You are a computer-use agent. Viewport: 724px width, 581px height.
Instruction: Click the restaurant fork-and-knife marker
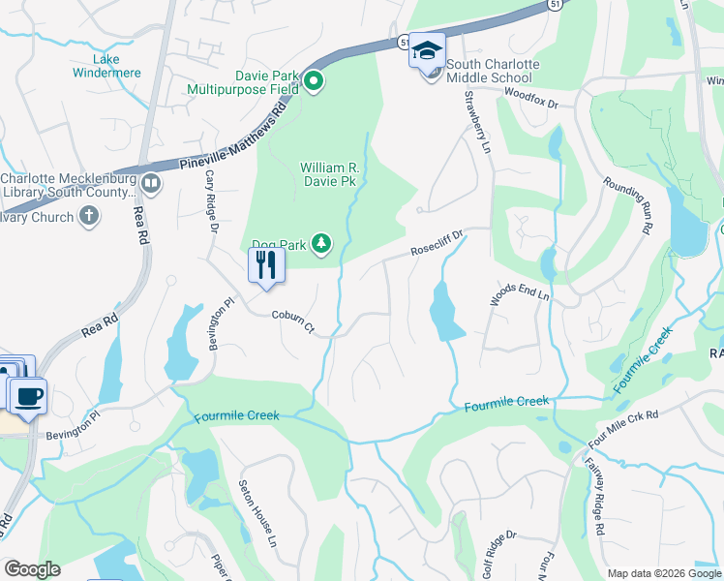coord(266,264)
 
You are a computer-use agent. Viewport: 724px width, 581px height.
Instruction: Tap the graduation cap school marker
coord(426,49)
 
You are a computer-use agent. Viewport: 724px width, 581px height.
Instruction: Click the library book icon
coord(150,182)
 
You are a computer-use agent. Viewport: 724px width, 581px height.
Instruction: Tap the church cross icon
coord(89,215)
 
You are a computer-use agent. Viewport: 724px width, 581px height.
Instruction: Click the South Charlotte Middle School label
coord(493,71)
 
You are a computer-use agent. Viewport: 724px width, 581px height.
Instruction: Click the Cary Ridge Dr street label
coord(211,202)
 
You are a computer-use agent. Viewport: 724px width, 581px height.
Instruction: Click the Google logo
coord(32,569)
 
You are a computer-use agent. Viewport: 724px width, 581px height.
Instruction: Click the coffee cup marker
coord(27,394)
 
